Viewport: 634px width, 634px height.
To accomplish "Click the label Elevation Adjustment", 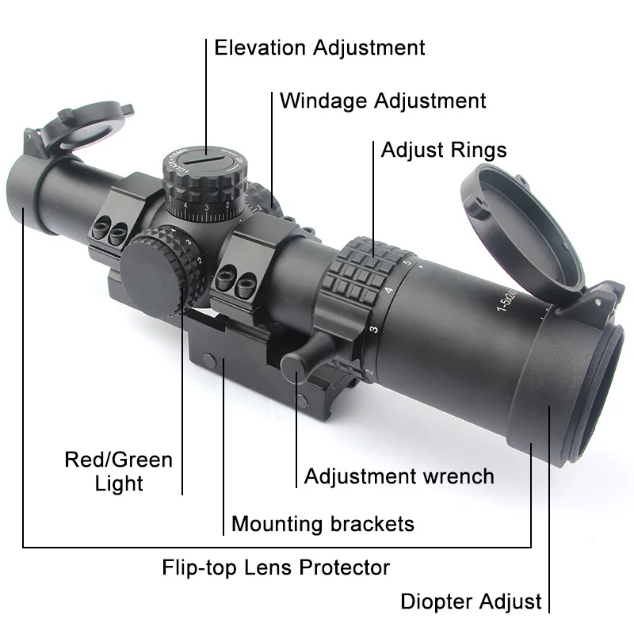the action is pyautogui.click(x=319, y=48).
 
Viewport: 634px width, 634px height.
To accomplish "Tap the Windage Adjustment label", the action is pyautogui.click(x=383, y=101).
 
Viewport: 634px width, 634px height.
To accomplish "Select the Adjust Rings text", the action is pyautogui.click(x=444, y=151).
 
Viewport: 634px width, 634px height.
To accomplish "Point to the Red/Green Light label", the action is pyautogui.click(x=119, y=472).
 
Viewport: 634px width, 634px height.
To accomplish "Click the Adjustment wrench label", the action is pyautogui.click(x=399, y=476).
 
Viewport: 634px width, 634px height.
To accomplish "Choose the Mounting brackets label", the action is pyautogui.click(x=323, y=524).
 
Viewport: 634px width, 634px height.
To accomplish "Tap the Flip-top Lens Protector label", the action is pyautogui.click(x=276, y=567).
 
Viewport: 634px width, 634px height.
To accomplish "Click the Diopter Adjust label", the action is pyautogui.click(x=471, y=602).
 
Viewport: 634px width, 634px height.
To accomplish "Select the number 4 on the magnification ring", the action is pyautogui.click(x=388, y=290).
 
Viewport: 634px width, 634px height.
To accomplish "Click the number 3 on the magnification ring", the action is pyautogui.click(x=374, y=329).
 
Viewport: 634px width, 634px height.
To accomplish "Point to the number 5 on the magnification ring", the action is pyautogui.click(x=407, y=262).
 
